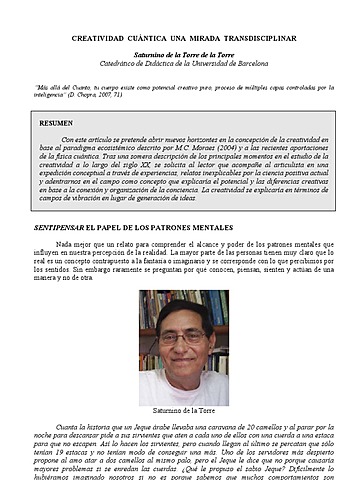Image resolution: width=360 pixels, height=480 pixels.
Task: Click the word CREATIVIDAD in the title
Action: (x=104, y=36)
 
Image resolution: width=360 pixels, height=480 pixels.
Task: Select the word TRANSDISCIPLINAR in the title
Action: (x=263, y=36)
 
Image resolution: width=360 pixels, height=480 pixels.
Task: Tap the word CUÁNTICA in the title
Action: (x=163, y=36)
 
